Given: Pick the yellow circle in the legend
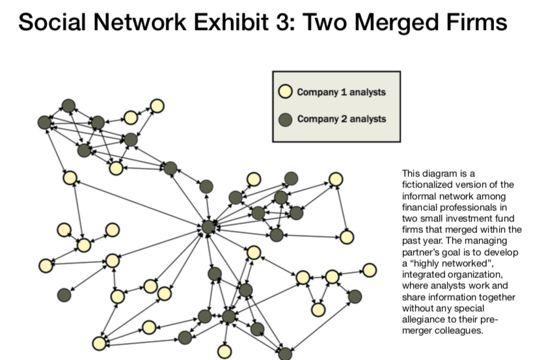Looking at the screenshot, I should click(285, 92).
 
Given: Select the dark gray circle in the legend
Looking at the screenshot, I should click(285, 119).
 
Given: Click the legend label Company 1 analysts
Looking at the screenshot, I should click(341, 92).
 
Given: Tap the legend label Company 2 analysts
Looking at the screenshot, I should click(341, 119).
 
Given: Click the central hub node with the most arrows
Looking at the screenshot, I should click(208, 227).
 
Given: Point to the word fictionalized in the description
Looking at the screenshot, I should click(424, 184).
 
